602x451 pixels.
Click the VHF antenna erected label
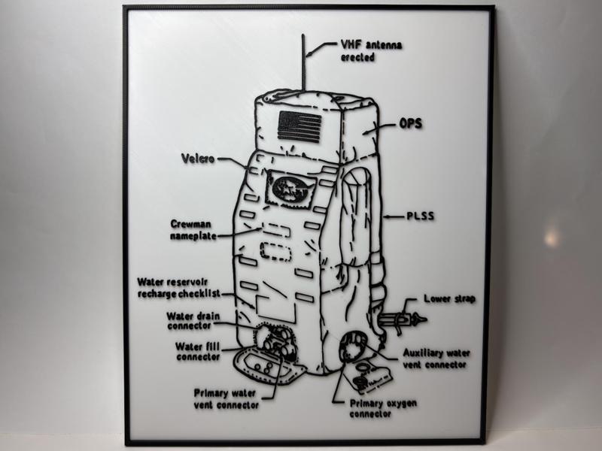tap(371, 51)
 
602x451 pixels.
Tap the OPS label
tap(410, 126)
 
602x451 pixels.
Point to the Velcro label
tap(198, 159)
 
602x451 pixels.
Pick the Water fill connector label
tap(198, 351)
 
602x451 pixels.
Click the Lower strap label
tap(449, 298)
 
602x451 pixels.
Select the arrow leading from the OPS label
tap(382, 128)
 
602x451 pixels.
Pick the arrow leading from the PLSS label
tap(393, 217)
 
